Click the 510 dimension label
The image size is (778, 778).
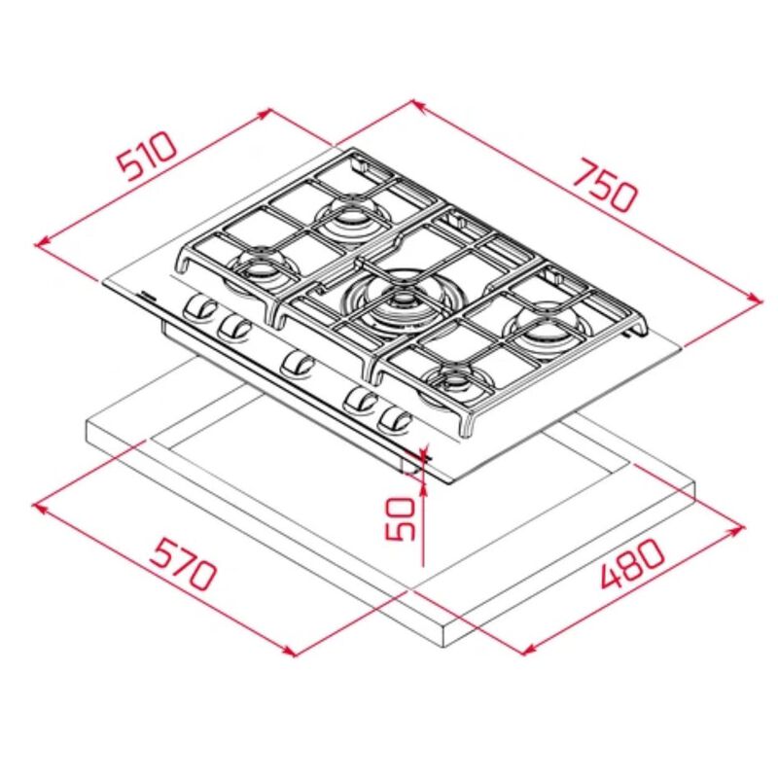[x=147, y=155]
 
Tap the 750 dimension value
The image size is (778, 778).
[x=604, y=185]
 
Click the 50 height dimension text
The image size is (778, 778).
[x=400, y=519]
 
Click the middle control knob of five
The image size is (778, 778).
[x=297, y=366]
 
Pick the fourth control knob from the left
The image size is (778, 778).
[x=361, y=400]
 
